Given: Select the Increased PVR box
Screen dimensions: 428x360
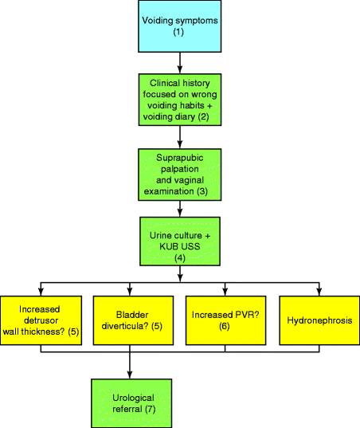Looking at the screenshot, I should pyautogui.click(x=226, y=320).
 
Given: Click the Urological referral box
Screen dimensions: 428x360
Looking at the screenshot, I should pyautogui.click(x=130, y=402).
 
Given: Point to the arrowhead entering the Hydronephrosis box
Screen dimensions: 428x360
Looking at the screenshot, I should pyautogui.click(x=319, y=290).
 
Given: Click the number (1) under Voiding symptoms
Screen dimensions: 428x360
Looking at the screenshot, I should pyautogui.click(x=179, y=31).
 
